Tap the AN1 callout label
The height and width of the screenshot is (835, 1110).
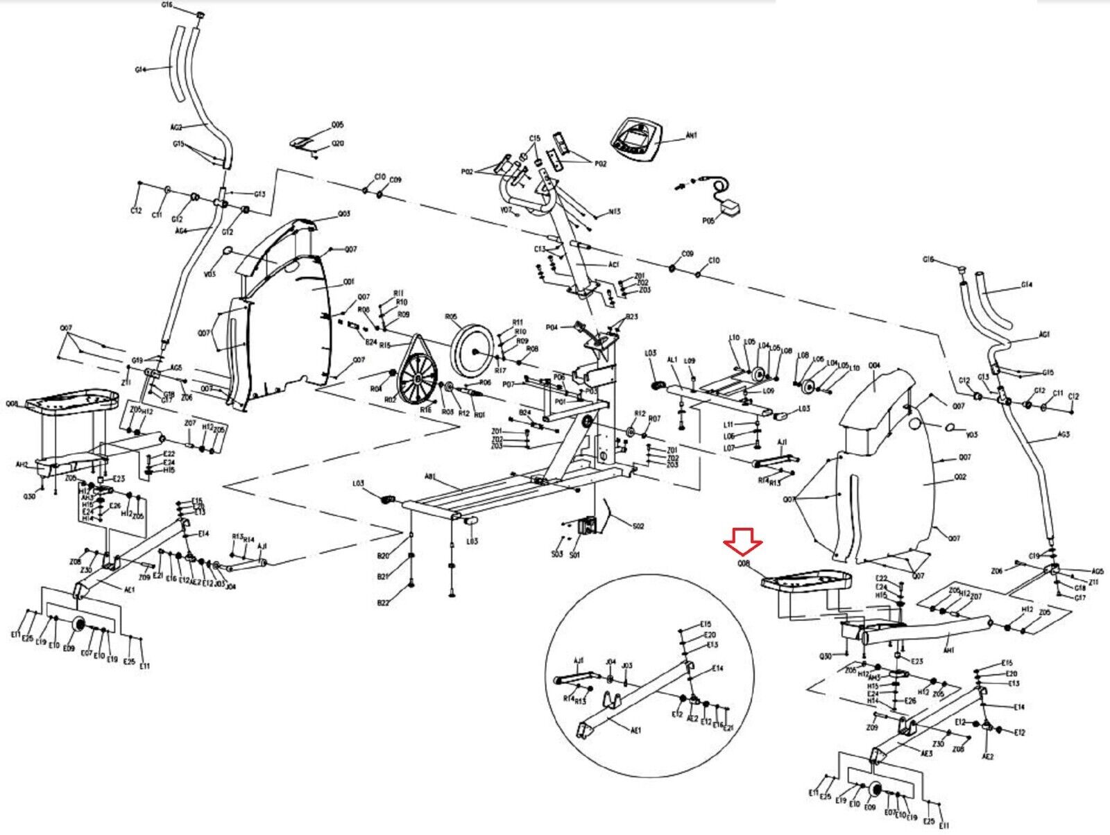(691, 136)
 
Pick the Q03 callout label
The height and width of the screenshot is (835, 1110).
(344, 214)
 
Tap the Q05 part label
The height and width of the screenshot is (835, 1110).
(337, 126)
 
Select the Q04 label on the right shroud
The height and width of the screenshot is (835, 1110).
(873, 365)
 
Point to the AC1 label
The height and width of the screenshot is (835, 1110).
(614, 265)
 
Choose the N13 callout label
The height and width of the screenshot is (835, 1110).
(614, 212)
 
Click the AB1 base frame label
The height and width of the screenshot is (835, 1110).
(430, 476)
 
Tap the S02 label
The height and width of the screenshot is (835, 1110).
(638, 526)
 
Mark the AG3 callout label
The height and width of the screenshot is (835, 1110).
(1064, 435)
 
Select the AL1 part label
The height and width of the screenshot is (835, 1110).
(672, 360)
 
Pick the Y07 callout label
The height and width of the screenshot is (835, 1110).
(506, 209)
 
